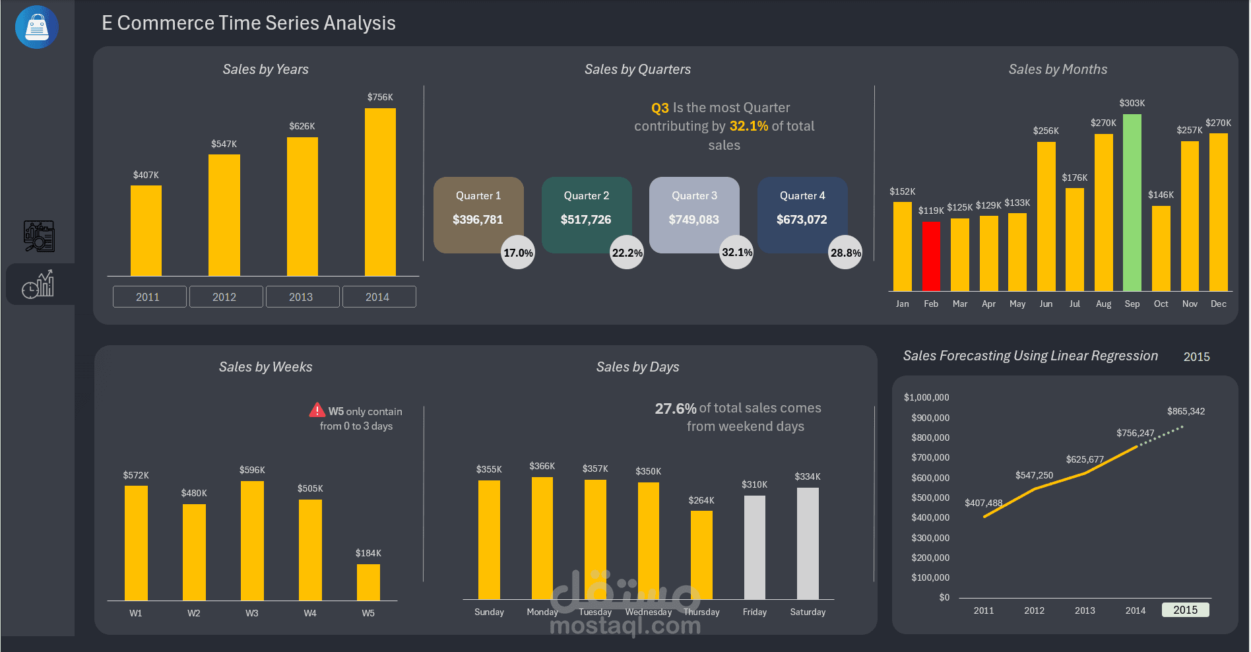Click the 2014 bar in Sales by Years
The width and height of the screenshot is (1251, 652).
pyautogui.click(x=380, y=192)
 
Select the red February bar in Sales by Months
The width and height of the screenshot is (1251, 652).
pyautogui.click(x=931, y=256)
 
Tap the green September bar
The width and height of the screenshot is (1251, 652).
pyautogui.click(x=1132, y=203)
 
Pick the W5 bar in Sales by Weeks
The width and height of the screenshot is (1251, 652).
pyautogui.click(x=368, y=582)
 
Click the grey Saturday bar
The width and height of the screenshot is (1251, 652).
pyautogui.click(x=808, y=543)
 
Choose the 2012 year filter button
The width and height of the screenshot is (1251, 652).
pyautogui.click(x=225, y=297)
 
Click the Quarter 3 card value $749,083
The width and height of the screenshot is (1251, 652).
pyautogui.click(x=694, y=220)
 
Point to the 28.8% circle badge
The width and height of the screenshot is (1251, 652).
pyautogui.click(x=845, y=252)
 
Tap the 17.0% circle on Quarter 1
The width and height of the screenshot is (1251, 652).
pyautogui.click(x=518, y=252)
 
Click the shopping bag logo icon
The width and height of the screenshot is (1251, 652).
pyautogui.click(x=37, y=27)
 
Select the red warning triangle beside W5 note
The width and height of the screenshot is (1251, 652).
pyautogui.click(x=317, y=410)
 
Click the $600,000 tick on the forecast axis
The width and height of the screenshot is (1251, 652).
pyautogui.click(x=930, y=478)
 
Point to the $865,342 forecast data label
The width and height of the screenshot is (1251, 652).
pyautogui.click(x=1186, y=411)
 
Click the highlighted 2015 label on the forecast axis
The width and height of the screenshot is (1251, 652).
pyautogui.click(x=1185, y=610)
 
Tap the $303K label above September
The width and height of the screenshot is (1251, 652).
pyautogui.click(x=1132, y=103)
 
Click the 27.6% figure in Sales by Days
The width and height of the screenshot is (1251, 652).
pyautogui.click(x=675, y=408)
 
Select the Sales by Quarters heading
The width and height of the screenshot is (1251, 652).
pyautogui.click(x=637, y=69)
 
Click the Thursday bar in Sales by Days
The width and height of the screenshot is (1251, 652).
pyautogui.click(x=701, y=555)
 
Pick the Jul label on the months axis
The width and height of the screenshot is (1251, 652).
pyautogui.click(x=1075, y=304)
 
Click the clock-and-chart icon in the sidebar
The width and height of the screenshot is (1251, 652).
pyautogui.click(x=38, y=284)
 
